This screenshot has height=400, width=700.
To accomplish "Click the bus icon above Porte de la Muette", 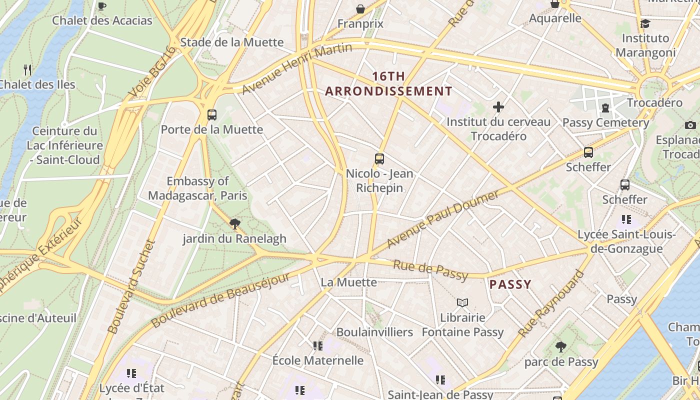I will pyautogui.click(x=212, y=115).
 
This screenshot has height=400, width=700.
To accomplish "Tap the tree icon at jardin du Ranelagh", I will pyautogui.click(x=234, y=223).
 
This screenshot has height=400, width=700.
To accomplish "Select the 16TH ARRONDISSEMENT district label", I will pyautogui.click(x=388, y=84).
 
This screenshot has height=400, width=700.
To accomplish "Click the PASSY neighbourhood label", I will pyautogui.click(x=510, y=284).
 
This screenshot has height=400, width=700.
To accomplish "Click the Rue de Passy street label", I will pyautogui.click(x=430, y=270).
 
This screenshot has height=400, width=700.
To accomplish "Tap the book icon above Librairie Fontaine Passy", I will pyautogui.click(x=462, y=302).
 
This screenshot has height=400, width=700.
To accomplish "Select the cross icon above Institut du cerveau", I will pyautogui.click(x=498, y=106).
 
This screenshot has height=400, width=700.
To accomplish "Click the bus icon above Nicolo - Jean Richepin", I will pyautogui.click(x=379, y=159).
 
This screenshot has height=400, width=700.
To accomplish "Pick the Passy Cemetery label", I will pyautogui.click(x=605, y=122).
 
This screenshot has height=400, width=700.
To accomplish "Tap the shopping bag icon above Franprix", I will pyautogui.click(x=360, y=9).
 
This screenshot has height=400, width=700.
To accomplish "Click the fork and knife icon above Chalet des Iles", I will pyautogui.click(x=28, y=69).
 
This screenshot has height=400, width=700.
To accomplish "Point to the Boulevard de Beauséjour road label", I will pyautogui.click(x=220, y=300).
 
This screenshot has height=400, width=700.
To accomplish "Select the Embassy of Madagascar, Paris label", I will pyautogui.click(x=198, y=188).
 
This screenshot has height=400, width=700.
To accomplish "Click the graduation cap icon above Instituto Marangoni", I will pyautogui.click(x=645, y=23).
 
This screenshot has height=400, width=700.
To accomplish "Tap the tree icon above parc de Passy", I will pyautogui.click(x=561, y=346).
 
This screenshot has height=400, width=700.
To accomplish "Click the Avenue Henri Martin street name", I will pyautogui.click(x=297, y=68).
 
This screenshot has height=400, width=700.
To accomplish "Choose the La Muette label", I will pyautogui.click(x=348, y=282).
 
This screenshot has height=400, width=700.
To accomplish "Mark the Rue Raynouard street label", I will pyautogui.click(x=550, y=304).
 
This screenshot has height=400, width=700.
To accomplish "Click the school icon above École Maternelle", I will pyautogui.click(x=317, y=345).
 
